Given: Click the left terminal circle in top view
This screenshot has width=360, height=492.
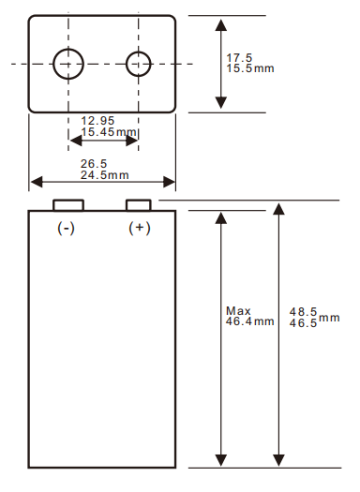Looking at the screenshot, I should (x=68, y=64).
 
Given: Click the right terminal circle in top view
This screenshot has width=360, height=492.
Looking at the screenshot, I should (x=139, y=64).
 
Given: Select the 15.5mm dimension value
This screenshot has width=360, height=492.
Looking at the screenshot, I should (x=248, y=69).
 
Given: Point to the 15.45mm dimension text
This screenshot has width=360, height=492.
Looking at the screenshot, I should (x=109, y=133).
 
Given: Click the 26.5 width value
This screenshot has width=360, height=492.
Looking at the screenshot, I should (x=94, y=164).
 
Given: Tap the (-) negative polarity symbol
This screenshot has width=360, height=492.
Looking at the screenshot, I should (x=67, y=229).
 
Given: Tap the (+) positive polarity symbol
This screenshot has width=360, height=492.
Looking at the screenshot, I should (x=139, y=229).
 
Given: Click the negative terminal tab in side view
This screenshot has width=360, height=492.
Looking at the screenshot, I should (x=67, y=205).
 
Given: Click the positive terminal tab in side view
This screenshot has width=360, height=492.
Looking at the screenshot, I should (x=139, y=205).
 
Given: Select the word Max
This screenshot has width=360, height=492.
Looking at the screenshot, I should (x=238, y=310).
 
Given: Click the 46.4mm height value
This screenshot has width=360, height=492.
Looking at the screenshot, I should (x=249, y=321).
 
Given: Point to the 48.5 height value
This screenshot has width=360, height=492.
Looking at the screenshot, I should (x=302, y=311).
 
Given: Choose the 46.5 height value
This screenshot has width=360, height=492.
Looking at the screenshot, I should (x=302, y=322).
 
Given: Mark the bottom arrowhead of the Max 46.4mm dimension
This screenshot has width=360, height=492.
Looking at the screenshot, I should (x=221, y=460).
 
